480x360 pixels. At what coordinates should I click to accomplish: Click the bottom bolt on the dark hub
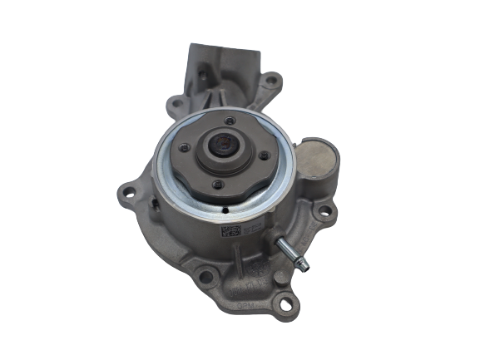(x=216, y=184)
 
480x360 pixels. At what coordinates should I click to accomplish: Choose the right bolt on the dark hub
(x=265, y=155)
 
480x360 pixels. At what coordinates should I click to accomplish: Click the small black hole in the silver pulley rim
(x=225, y=210)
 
